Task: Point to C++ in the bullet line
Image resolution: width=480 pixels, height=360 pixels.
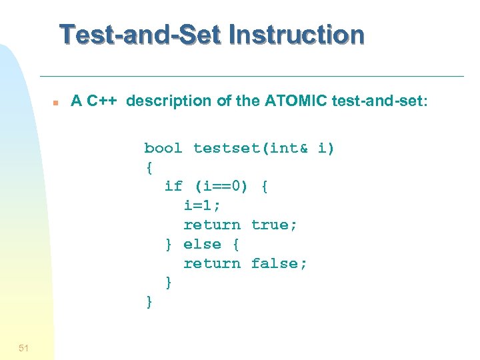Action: pos(103,101)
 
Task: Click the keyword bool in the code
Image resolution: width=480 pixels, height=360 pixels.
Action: pos(163,148)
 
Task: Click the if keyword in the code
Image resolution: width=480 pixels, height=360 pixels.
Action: pos(173,187)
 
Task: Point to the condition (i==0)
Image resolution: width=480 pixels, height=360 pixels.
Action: pos(221,187)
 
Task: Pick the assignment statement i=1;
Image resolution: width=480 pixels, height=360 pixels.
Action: pos(202,206)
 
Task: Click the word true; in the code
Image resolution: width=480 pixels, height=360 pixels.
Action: pos(274,225)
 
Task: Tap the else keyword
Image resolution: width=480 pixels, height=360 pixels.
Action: pos(202,245)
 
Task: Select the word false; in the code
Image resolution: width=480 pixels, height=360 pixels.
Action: pos(279,264)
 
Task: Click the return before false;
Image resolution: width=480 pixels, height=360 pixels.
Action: pos(212,264)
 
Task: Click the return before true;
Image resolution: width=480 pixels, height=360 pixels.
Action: pos(212,225)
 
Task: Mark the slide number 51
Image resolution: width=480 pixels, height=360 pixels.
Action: pos(23,347)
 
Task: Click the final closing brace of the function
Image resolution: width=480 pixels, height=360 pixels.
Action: pos(149,303)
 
